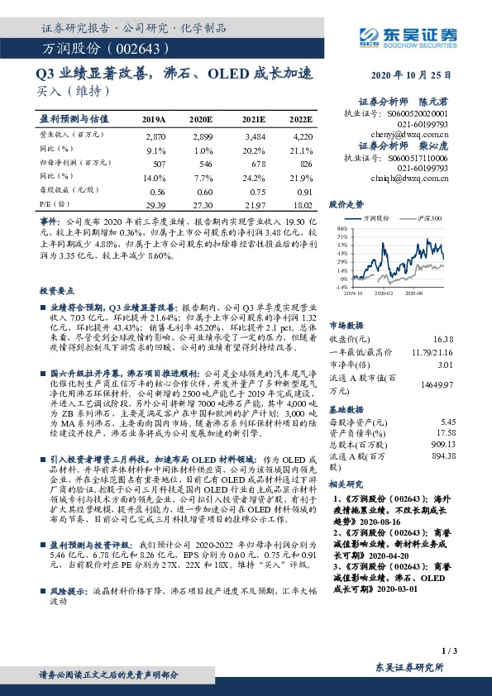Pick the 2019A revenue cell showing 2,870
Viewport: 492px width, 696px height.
(x=155, y=135)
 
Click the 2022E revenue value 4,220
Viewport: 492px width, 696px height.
(x=303, y=135)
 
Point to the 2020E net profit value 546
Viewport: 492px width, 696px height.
(x=206, y=164)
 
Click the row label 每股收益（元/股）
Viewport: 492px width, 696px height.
(x=70, y=191)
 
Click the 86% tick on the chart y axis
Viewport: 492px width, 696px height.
(x=342, y=227)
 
